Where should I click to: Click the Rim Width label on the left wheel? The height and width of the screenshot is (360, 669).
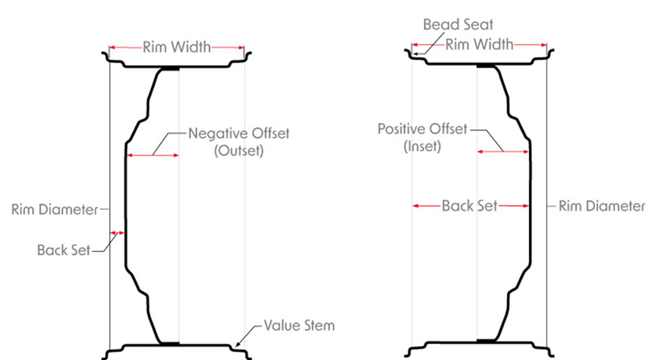click(177, 47)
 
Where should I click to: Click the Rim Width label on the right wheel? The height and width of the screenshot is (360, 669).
click(479, 44)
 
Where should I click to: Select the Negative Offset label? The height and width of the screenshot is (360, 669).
click(239, 133)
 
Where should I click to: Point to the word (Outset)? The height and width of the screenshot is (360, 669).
click(238, 152)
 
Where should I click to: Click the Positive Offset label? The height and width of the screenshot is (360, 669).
click(422, 128)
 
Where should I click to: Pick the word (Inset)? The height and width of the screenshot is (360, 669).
click(422, 146)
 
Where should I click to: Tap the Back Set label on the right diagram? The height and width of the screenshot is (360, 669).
click(469, 206)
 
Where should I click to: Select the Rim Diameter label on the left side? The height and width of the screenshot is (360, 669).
click(52, 209)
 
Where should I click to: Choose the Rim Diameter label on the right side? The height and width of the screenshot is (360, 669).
click(602, 206)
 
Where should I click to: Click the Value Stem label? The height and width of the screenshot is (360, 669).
click(299, 325)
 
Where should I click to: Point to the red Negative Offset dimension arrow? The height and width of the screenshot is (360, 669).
click(152, 156)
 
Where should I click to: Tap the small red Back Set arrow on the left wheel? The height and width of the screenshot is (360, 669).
click(117, 232)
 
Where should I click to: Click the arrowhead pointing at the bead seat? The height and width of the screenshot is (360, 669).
click(415, 54)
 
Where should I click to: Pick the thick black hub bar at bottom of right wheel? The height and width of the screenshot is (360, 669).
click(488, 341)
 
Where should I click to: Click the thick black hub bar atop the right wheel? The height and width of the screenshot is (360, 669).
click(488, 68)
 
